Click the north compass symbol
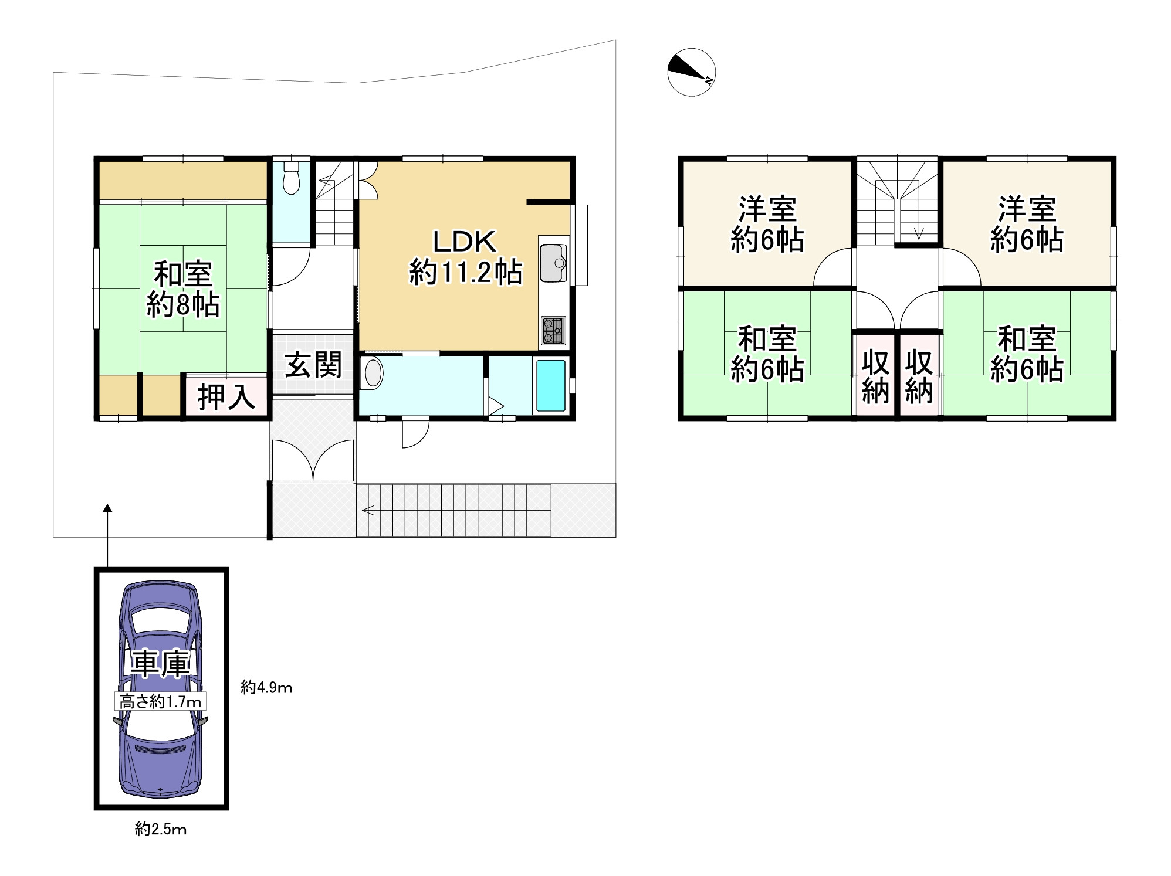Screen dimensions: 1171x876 pyautogui.click(x=691, y=72)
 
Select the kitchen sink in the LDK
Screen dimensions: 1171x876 pyautogui.click(x=553, y=263)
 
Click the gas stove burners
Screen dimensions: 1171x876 pyautogui.click(x=553, y=331)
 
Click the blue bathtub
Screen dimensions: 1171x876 pyautogui.click(x=551, y=385)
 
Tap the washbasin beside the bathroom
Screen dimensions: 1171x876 pyautogui.click(x=373, y=373)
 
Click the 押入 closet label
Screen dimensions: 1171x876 pyautogui.click(x=226, y=397)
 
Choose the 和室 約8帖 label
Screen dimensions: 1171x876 pyautogui.click(x=183, y=289)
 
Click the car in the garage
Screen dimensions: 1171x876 pyautogui.click(x=160, y=690)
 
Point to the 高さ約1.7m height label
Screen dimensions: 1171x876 pyautogui.click(x=160, y=701)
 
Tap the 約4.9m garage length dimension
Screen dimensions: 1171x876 pyautogui.click(x=266, y=687)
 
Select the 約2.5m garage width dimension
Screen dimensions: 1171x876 pyautogui.click(x=161, y=829)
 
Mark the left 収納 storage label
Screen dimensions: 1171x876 pyautogui.click(x=875, y=378)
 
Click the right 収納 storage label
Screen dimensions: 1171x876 pyautogui.click(x=919, y=378)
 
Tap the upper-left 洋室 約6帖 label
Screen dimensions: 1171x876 pyautogui.click(x=767, y=225)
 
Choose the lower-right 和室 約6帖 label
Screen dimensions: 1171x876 pyautogui.click(x=1027, y=354)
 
